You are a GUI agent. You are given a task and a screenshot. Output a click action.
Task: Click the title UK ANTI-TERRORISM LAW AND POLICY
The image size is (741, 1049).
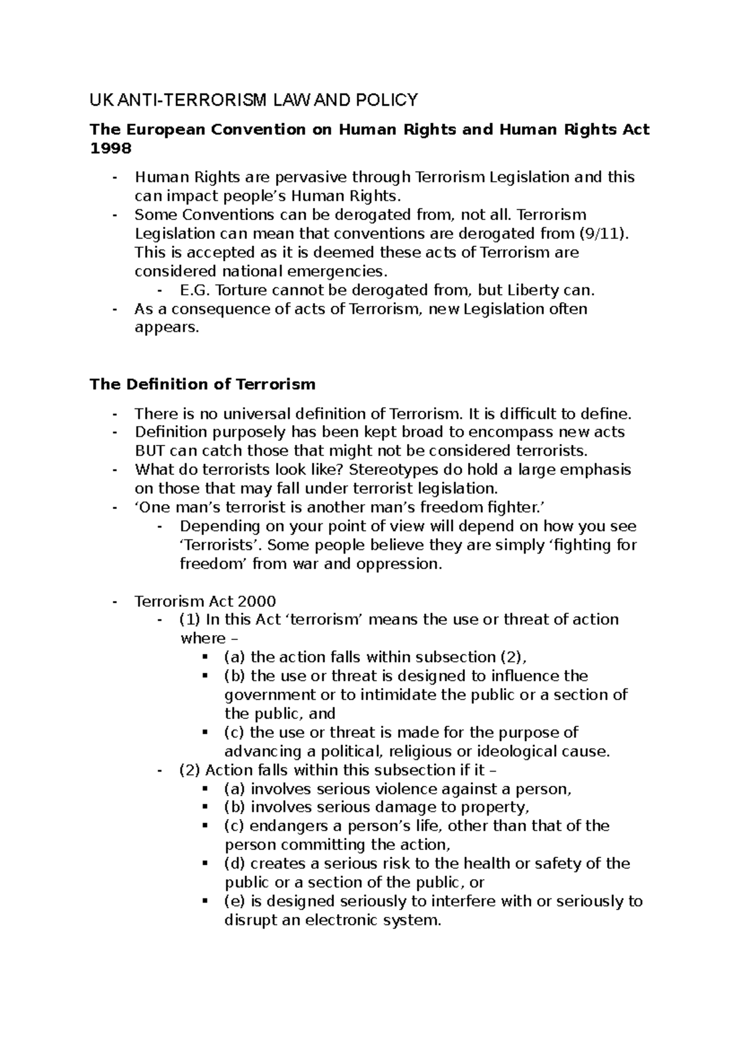(x=254, y=99)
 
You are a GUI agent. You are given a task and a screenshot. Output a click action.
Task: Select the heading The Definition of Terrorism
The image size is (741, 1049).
(x=203, y=384)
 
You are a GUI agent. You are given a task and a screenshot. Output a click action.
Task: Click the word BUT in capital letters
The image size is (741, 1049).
(x=149, y=450)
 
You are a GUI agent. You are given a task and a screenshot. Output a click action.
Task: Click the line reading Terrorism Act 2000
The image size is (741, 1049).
(x=205, y=601)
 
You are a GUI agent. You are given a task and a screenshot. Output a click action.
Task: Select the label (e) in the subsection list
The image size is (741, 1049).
(x=234, y=901)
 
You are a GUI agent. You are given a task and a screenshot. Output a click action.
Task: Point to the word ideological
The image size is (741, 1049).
(x=507, y=751)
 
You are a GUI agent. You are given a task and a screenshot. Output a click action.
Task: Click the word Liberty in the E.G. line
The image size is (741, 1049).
(x=530, y=290)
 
